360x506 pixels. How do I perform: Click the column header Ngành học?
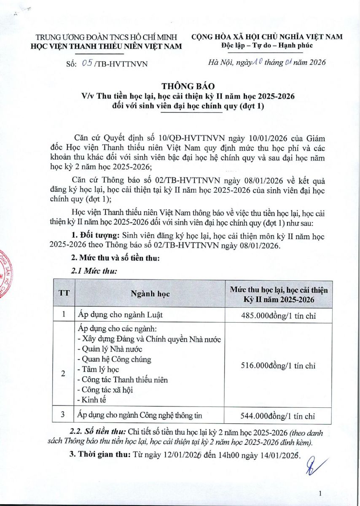pos(150,294)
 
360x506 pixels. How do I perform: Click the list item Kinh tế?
pos(95,399)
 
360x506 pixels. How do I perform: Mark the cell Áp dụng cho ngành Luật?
pos(120,315)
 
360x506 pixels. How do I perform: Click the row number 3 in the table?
pos(63,415)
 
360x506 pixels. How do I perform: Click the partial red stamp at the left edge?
pos(4,274)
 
